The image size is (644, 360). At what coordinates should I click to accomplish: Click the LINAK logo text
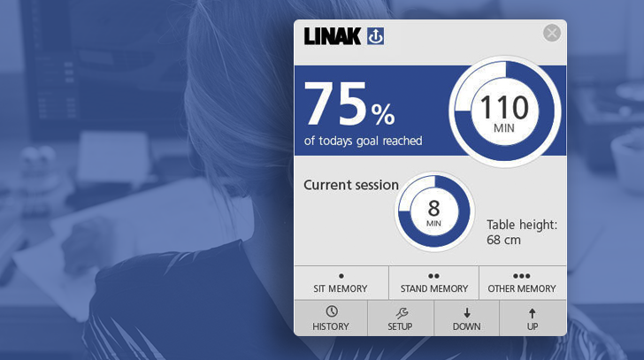(x=333, y=36)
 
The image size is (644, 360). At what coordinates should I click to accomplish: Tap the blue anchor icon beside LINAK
(x=375, y=36)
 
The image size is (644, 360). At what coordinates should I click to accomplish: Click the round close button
(x=552, y=33)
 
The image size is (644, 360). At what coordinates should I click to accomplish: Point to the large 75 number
(x=334, y=103)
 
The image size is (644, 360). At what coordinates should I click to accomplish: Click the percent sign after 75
(x=383, y=114)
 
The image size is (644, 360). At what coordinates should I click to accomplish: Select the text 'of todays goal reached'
(x=363, y=141)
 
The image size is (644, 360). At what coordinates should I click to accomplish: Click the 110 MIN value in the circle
(x=504, y=113)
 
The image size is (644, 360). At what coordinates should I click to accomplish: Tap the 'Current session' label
(x=351, y=185)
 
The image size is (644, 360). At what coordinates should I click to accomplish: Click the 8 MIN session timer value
(x=433, y=213)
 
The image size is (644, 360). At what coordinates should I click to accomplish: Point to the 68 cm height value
(x=503, y=240)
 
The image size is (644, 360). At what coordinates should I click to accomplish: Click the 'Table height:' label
(x=522, y=225)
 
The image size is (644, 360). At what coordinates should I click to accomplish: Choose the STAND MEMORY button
(x=433, y=283)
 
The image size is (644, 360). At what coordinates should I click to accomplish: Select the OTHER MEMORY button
(x=523, y=283)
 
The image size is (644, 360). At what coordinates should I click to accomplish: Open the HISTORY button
(x=331, y=318)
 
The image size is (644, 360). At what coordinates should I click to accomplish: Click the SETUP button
(x=401, y=318)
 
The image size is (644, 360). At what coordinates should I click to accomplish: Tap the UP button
(x=533, y=318)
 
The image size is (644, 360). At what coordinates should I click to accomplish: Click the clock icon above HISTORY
(x=332, y=311)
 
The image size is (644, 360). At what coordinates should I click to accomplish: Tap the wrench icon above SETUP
(x=402, y=313)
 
